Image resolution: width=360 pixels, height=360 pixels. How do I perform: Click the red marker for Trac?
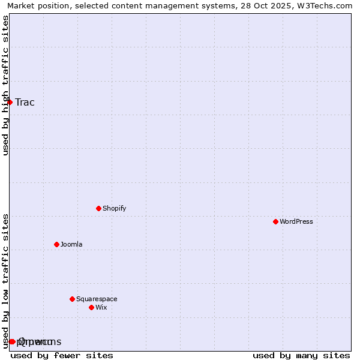click(10, 102)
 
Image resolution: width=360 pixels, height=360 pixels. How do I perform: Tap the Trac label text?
click(25, 102)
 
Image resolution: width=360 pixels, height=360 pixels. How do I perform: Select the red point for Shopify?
click(98, 208)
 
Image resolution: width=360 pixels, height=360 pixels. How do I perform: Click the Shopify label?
click(114, 208)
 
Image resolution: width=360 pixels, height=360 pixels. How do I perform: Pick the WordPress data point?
click(275, 221)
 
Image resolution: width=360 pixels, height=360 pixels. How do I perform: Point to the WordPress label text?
click(296, 221)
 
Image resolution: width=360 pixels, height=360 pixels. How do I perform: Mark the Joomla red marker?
click(56, 244)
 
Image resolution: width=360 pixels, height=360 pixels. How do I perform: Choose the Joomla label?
click(71, 244)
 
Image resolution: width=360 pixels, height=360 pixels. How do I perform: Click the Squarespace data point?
click(72, 299)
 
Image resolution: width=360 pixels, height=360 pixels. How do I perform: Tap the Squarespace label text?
click(97, 299)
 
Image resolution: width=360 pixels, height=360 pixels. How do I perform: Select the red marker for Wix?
click(91, 307)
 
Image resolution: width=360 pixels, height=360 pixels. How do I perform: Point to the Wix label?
click(101, 307)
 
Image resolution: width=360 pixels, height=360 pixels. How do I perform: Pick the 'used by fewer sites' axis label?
click(62, 355)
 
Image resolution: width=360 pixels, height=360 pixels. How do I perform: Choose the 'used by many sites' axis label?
click(301, 355)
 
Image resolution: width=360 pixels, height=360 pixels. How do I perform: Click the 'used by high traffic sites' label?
click(5, 85)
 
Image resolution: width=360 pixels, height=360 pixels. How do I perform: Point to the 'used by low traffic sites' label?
click(5, 281)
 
